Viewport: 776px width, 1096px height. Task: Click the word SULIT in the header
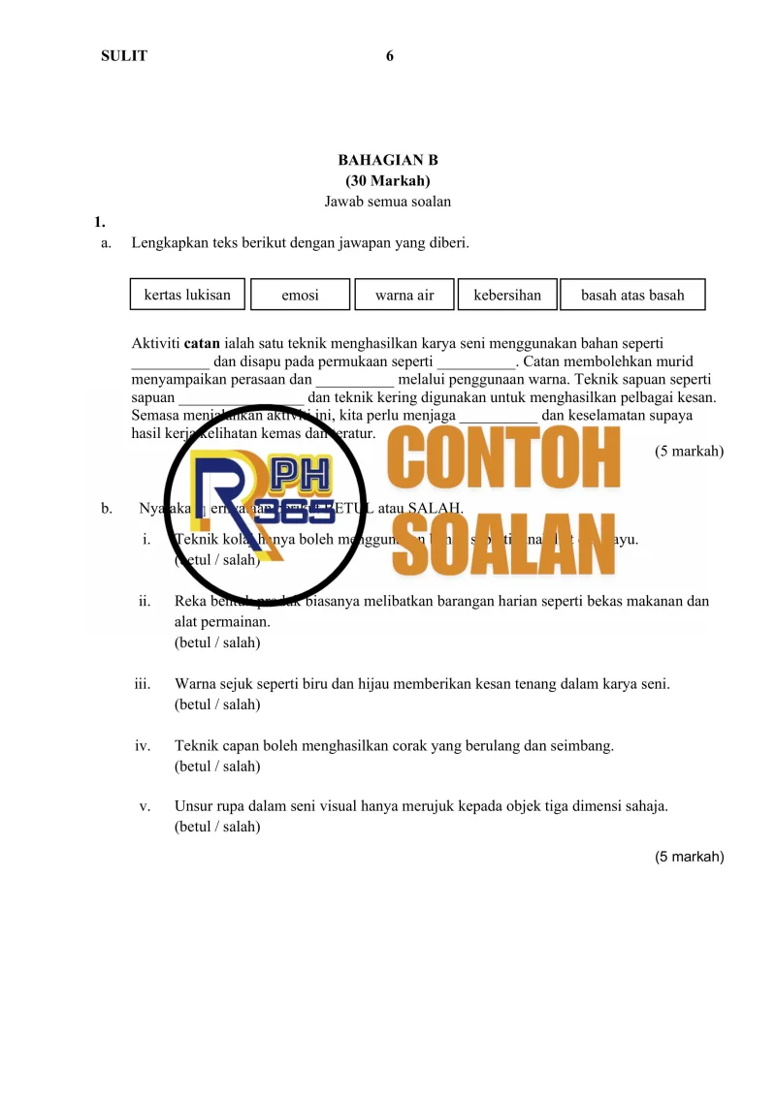coord(124,56)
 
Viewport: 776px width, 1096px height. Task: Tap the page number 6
coord(390,56)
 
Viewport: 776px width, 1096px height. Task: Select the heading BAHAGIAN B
coord(388,160)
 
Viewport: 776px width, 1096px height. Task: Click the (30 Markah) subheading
coord(388,181)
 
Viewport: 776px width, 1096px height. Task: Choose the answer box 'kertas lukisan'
coord(187,295)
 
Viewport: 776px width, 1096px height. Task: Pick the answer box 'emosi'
coord(300,296)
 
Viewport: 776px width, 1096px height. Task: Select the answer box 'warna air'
coord(404,296)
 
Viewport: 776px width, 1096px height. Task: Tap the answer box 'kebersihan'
coord(507,295)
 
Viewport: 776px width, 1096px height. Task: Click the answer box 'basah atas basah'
coord(632,296)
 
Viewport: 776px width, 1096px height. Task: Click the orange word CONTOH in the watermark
coord(504,461)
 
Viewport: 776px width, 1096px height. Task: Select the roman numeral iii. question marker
coord(142,684)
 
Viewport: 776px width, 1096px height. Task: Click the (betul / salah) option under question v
coord(217,828)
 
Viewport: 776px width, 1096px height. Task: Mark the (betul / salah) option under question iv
coord(217,767)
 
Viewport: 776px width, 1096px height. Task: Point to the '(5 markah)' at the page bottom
coord(689,857)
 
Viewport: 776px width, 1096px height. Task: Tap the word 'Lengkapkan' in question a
coord(168,243)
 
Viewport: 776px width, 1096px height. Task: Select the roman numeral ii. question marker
coord(144,602)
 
